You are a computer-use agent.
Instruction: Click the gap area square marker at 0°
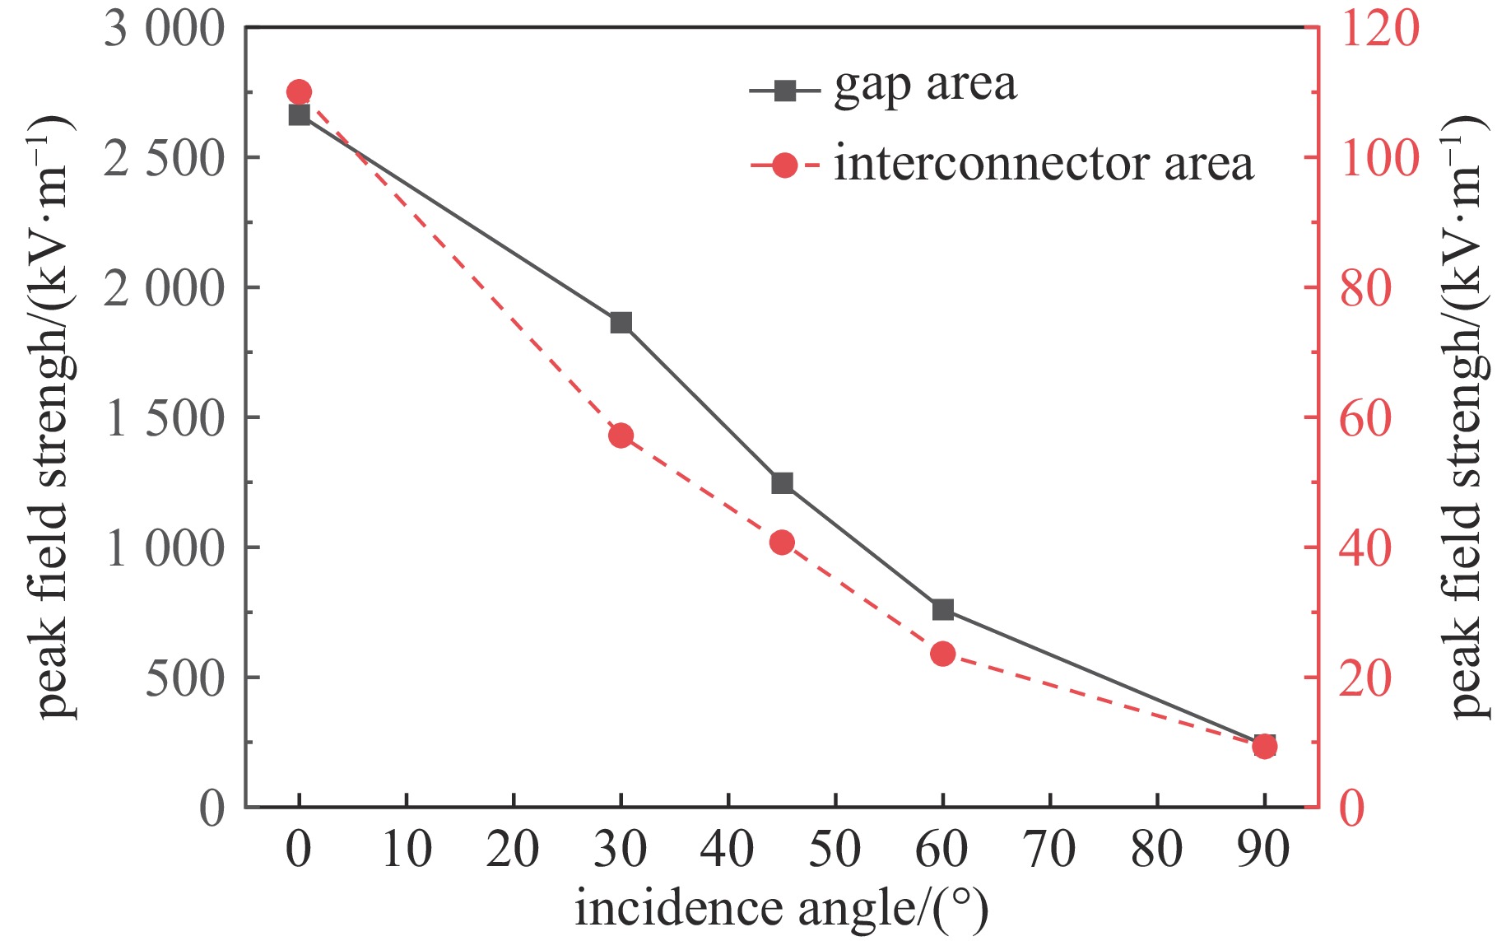pyautogui.click(x=300, y=115)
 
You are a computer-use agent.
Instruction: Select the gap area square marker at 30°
pyautogui.click(x=621, y=323)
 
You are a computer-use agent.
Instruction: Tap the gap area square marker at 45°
pyautogui.click(x=782, y=483)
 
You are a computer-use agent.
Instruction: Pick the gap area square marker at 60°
pyautogui.click(x=943, y=610)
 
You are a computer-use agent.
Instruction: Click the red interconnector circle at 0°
pyautogui.click(x=300, y=91)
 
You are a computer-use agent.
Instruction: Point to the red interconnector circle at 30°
pyautogui.click(x=621, y=436)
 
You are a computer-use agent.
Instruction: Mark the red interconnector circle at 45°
pyautogui.click(x=782, y=543)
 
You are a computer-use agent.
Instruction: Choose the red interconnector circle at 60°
pyautogui.click(x=943, y=654)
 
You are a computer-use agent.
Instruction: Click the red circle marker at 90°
pyautogui.click(x=1265, y=747)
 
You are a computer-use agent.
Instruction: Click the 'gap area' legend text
pyautogui.click(x=925, y=86)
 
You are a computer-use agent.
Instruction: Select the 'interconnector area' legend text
pyautogui.click(x=1044, y=165)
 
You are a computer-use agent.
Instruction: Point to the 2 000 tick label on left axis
pyautogui.click(x=164, y=289)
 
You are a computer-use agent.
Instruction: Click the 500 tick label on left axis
pyautogui.click(x=184, y=679)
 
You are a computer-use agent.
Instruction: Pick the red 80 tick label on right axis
pyautogui.click(x=1365, y=289)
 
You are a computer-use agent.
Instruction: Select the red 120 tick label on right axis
pyautogui.click(x=1380, y=29)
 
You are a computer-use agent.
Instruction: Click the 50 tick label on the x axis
pyautogui.click(x=835, y=849)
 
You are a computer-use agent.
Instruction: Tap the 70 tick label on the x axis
pyautogui.click(x=1050, y=849)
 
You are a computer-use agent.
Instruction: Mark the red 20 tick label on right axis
pyautogui.click(x=1365, y=679)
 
